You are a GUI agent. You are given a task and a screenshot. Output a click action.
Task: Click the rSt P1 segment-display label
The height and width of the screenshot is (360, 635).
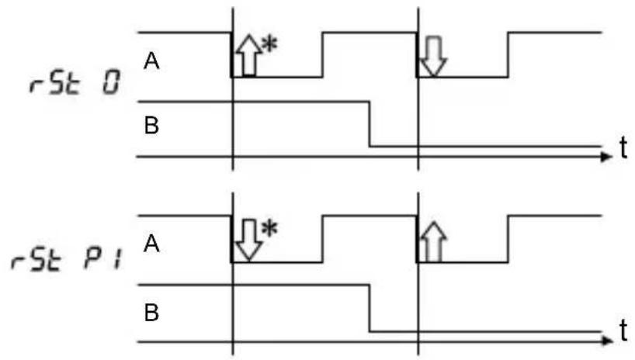68,259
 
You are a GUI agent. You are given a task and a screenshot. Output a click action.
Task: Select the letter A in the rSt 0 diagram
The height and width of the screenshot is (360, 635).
151,61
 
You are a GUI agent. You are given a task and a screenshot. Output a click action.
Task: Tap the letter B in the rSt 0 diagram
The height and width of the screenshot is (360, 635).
151,125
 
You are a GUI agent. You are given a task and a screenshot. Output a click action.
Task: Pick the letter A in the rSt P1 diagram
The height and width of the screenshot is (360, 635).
151,244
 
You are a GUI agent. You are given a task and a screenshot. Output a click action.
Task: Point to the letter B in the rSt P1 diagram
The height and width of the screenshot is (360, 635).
151,313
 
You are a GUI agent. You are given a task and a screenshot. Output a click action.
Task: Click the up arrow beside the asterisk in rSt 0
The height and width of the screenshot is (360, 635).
248,56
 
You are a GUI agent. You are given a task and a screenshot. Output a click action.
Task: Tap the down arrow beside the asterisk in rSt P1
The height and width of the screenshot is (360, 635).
248,240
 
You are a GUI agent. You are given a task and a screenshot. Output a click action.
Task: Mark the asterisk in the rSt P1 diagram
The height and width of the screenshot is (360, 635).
269,229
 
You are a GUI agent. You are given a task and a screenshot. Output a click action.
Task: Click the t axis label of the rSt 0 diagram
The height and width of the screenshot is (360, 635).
623,147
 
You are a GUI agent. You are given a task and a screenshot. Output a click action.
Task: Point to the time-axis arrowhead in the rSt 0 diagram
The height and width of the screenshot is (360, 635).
606,157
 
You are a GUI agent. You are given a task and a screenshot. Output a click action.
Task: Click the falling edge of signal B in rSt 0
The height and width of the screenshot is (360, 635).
370,124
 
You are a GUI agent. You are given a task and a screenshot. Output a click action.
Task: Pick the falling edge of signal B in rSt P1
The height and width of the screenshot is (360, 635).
370,309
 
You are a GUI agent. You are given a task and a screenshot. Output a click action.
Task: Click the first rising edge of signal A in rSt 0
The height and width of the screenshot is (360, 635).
323,54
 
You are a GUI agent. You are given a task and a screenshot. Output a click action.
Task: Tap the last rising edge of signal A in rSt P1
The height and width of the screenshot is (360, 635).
508,239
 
